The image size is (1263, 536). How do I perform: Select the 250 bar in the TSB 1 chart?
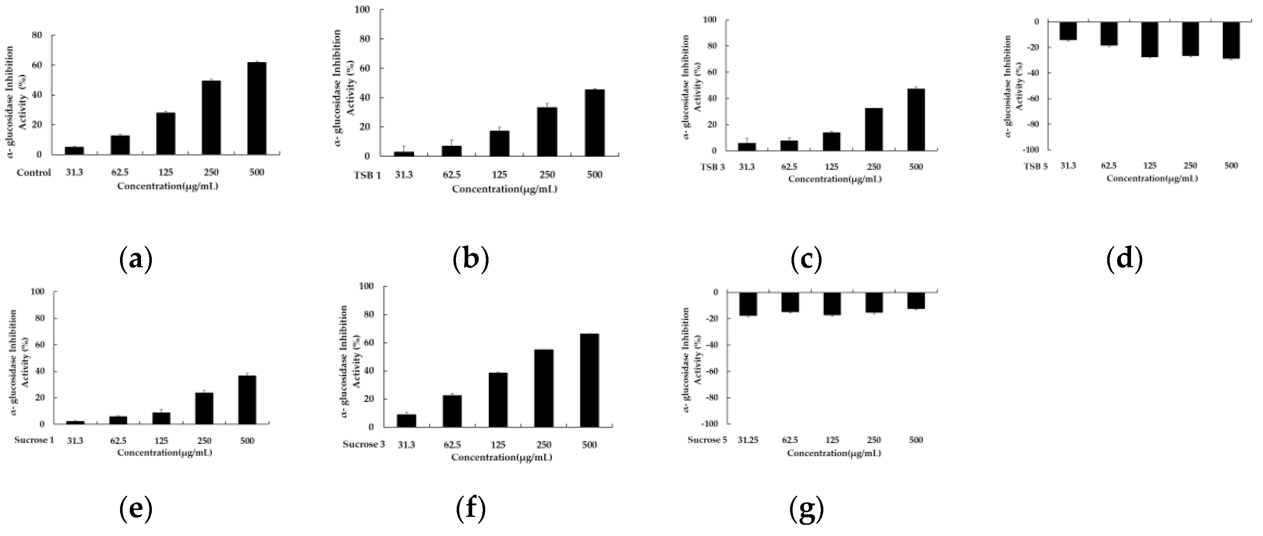(x=547, y=132)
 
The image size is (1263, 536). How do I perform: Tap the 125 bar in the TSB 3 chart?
(x=832, y=142)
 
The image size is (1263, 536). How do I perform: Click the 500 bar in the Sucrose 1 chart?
(x=247, y=400)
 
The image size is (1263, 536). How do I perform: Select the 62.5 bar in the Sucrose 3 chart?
(x=452, y=411)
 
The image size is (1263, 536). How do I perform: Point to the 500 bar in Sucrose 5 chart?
(x=915, y=301)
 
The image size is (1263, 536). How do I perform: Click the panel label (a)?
(x=136, y=259)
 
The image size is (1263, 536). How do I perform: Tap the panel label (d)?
(x=1124, y=259)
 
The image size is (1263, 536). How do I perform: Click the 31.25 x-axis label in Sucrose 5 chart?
(x=748, y=440)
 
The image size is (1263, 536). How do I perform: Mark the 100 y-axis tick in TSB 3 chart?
(x=709, y=20)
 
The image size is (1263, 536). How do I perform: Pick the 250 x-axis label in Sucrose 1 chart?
(x=204, y=440)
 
